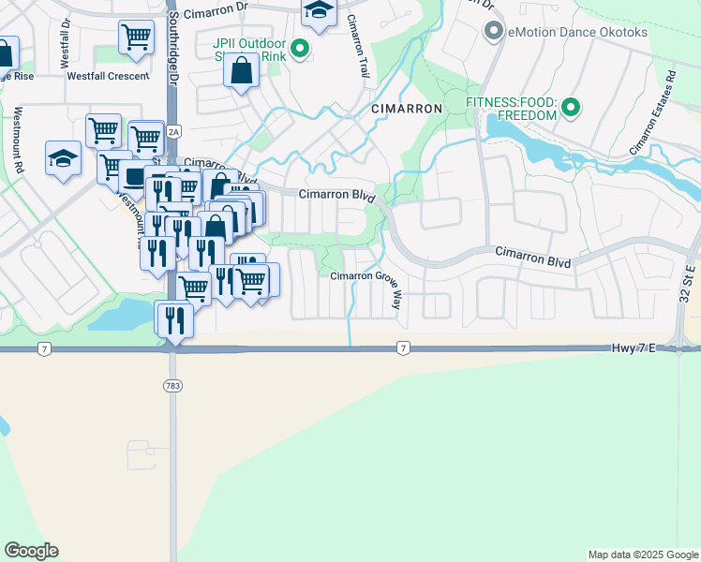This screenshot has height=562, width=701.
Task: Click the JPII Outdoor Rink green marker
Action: point(300,49)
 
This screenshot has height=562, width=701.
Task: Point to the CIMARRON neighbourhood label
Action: point(406,109)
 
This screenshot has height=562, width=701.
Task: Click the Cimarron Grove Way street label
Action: point(366,276)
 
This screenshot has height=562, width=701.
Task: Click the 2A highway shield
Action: point(173,132)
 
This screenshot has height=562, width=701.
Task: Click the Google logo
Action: point(31,551)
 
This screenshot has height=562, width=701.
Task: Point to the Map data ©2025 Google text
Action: point(642,555)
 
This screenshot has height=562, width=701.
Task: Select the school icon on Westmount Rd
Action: point(63,157)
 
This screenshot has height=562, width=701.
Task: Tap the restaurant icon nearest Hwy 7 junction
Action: point(174,318)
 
